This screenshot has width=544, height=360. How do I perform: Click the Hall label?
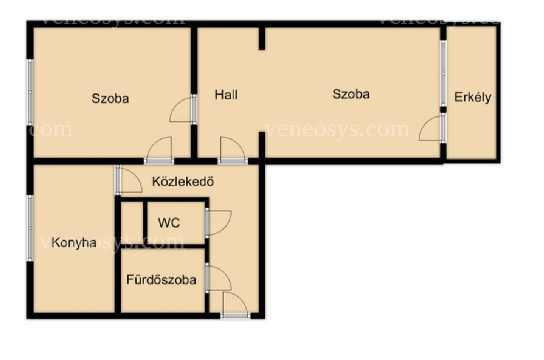click(226, 95)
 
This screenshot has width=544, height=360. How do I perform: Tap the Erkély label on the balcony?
click(473, 97)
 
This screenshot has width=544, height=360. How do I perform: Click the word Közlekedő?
click(183, 181)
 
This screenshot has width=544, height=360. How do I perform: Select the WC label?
click(169, 223)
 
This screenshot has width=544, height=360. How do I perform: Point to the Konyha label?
click(74, 242)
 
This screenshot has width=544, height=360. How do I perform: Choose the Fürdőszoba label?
click(162, 279)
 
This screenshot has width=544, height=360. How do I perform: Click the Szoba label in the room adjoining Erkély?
click(351, 94)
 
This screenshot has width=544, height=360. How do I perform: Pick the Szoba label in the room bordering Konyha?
click(110, 98)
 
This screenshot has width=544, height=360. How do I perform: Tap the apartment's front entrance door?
click(235, 305)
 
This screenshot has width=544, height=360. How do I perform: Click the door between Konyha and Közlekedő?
click(129, 179)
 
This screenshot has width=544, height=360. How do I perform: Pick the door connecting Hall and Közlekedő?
click(233, 150)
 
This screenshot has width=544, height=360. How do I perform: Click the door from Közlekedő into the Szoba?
click(159, 150)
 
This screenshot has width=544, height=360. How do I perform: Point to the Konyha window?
click(30, 228)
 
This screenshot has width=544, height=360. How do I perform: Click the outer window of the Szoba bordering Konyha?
click(30, 92)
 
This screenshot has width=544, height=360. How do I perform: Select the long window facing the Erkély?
click(443, 73)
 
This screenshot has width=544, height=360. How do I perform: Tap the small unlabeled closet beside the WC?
click(132, 223)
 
